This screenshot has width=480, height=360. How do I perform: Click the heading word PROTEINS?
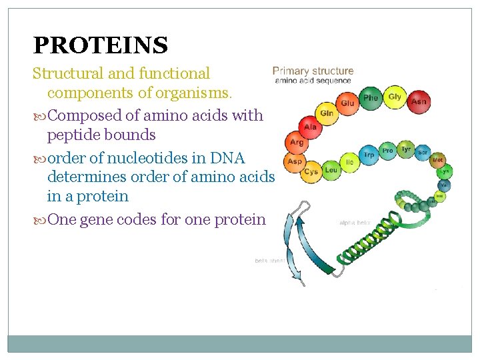coord(100,45)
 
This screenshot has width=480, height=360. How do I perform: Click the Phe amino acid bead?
coord(371,98)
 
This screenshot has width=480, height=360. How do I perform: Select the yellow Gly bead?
coord(395,97)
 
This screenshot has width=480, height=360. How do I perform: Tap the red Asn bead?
coord(418,101)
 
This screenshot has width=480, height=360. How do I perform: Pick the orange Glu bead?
coord(347,103)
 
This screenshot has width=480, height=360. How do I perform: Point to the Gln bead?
coord(327,113)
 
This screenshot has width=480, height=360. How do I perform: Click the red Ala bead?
coord(310,126)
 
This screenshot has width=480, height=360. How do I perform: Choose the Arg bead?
coord(297,142)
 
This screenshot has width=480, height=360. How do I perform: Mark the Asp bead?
coord(294,161)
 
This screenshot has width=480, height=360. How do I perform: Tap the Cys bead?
coord(311,171)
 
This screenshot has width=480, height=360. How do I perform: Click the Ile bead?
coord(349,161)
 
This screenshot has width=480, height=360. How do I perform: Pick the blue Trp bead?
coord(369,155)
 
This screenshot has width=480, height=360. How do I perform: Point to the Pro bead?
coord(387,151)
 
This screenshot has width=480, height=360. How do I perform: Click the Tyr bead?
coord(405,149)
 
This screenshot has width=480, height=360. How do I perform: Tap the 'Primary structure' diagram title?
coord(313,71)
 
